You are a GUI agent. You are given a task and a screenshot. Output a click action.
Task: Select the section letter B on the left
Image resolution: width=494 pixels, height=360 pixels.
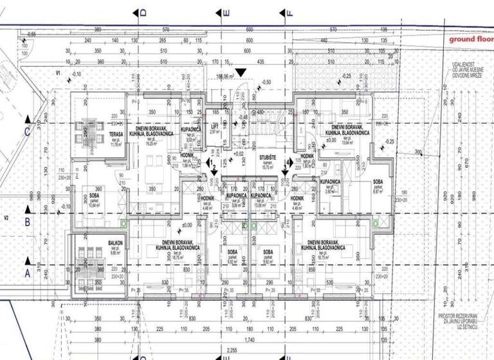pos(26,221)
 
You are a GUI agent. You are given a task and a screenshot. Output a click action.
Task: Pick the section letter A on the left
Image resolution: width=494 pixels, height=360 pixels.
pos(26,273)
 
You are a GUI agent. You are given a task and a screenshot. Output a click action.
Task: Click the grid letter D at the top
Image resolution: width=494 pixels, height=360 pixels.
pos(143,13)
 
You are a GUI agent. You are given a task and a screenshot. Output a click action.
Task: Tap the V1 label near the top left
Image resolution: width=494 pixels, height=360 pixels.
pos(58,74)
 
